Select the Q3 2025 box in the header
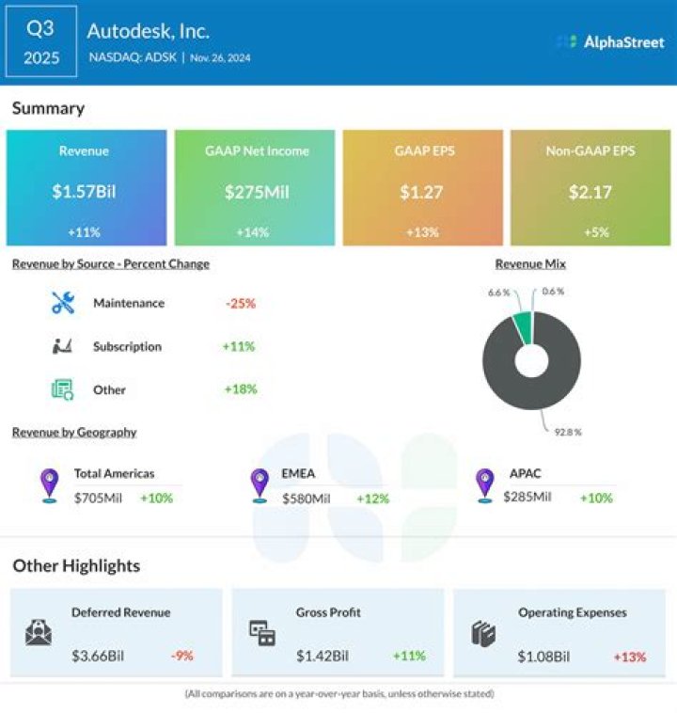pos(40,42)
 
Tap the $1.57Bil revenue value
pos(85,192)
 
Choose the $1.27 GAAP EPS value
pos(421,192)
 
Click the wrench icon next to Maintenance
pos(63,303)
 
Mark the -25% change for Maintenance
pos(240,303)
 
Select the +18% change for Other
pos(239,389)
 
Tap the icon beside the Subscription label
pos(63,346)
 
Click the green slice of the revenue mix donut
pos(522,325)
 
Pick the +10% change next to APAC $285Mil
pos(595,498)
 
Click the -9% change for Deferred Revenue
pos(184,656)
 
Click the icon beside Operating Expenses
pos(482,634)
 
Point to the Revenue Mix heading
pos(530,264)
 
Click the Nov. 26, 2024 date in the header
pos(220,57)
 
